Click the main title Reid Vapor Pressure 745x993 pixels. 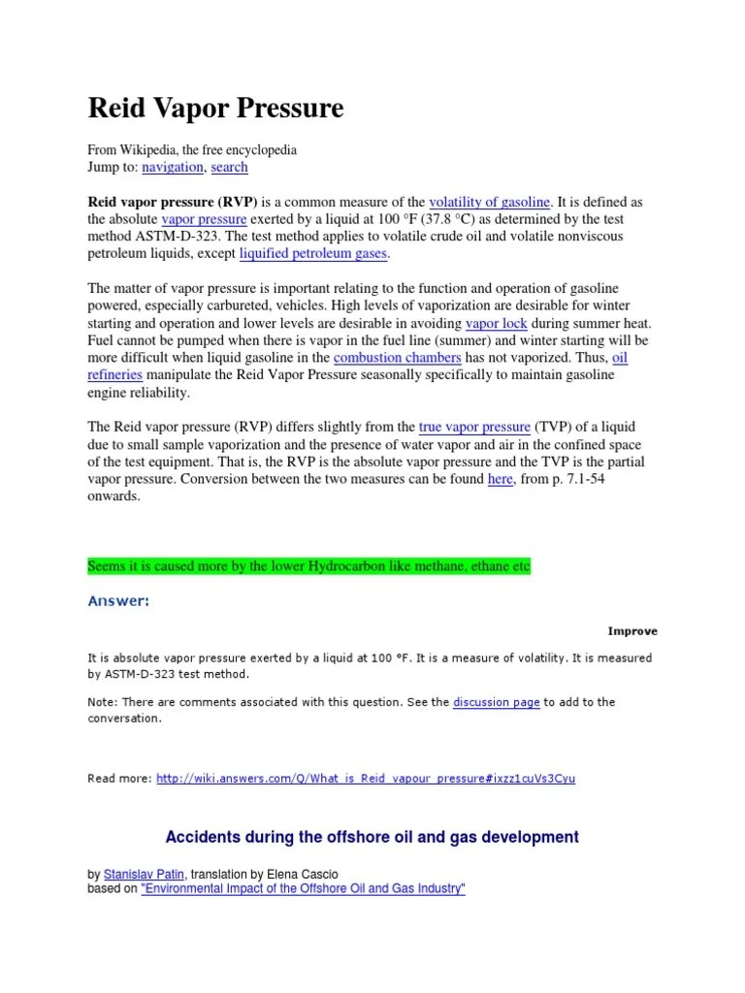[215, 109]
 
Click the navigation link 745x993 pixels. [173, 167]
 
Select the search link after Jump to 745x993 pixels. [229, 167]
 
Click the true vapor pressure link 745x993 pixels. [474, 427]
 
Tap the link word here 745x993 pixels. [500, 479]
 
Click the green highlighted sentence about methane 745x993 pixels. [309, 566]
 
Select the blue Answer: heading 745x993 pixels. [118, 601]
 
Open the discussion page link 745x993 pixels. [496, 702]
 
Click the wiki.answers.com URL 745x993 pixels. [365, 778]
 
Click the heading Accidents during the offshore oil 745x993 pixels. [372, 836]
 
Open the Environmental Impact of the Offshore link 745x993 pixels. [304, 888]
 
